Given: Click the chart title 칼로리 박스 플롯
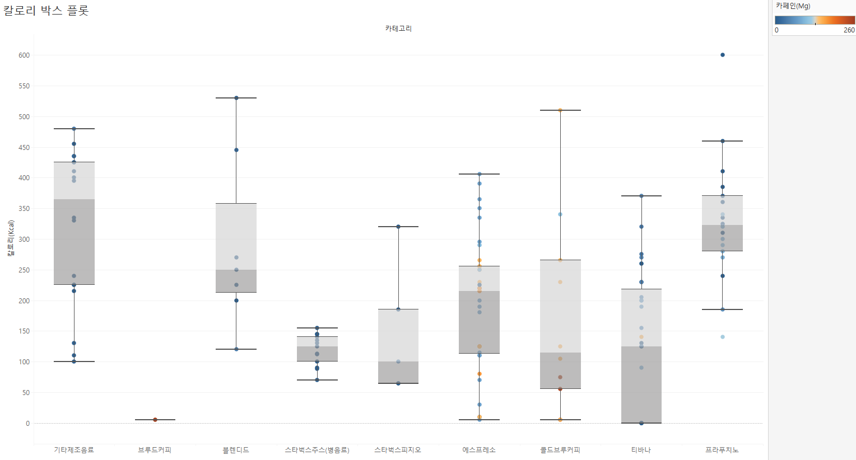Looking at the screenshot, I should click(46, 11).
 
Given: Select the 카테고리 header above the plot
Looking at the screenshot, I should click(398, 29).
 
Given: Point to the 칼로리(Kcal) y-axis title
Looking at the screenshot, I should click(11, 238).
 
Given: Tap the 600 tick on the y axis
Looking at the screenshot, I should click(24, 55).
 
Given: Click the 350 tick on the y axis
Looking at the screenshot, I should click(24, 209).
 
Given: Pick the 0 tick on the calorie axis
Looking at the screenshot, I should click(27, 424).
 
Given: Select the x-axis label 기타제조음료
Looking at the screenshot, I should click(74, 450).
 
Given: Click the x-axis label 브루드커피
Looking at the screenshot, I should click(155, 450).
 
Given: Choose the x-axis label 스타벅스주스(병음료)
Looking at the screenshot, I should click(317, 450).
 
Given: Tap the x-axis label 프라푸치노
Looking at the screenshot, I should click(722, 450).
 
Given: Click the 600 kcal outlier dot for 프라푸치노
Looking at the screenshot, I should click(723, 55).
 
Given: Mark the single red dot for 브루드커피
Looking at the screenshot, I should click(155, 420).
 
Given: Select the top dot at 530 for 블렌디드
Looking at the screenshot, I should click(236, 98).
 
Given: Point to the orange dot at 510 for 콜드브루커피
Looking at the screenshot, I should click(560, 110).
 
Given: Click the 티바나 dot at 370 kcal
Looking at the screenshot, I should click(641, 196).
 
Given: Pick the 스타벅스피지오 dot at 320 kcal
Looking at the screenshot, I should click(398, 227).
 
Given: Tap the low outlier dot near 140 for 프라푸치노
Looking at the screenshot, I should click(723, 337).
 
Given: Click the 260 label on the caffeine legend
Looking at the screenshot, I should click(849, 30).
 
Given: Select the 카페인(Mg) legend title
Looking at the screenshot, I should click(793, 6).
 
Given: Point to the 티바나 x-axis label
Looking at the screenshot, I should click(641, 450).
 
